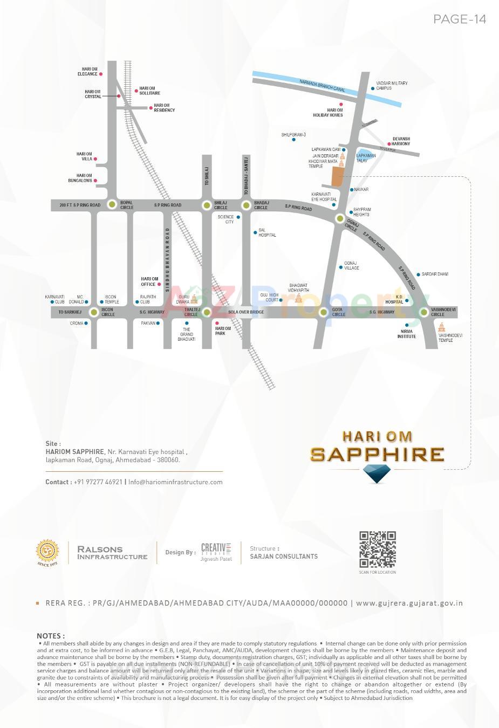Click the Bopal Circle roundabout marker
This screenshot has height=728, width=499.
pyautogui.click(x=112, y=204)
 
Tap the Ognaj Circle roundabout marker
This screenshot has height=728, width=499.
pyautogui.click(x=339, y=218)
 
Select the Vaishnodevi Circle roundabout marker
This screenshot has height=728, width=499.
pyautogui.click(x=424, y=312)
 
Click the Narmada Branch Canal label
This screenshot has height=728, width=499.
pyautogui.click(x=322, y=85)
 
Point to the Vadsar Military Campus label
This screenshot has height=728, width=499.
pyautogui.click(x=392, y=86)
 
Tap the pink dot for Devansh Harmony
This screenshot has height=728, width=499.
pyautogui.click(x=389, y=144)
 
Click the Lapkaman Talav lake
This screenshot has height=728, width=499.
pyautogui.click(x=365, y=156)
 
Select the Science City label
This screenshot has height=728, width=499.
pyautogui.click(x=226, y=219)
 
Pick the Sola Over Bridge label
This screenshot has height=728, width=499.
pyautogui.click(x=246, y=312)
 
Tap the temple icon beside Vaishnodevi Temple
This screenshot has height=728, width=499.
pyautogui.click(x=442, y=327)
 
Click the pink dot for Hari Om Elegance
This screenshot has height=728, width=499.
pyautogui.click(x=101, y=74)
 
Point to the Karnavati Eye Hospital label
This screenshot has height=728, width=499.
pyautogui.click(x=324, y=196)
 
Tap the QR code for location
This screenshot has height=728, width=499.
pyautogui.click(x=378, y=549)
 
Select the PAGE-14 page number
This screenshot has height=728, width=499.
pyautogui.click(x=460, y=19)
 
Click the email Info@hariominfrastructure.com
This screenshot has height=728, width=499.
pyautogui.click(x=175, y=482)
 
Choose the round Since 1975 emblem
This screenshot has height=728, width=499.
pyautogui.click(x=47, y=552)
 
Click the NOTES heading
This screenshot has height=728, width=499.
pyautogui.click(x=51, y=636)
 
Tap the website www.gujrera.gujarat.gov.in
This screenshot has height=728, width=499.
pyautogui.click(x=409, y=603)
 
